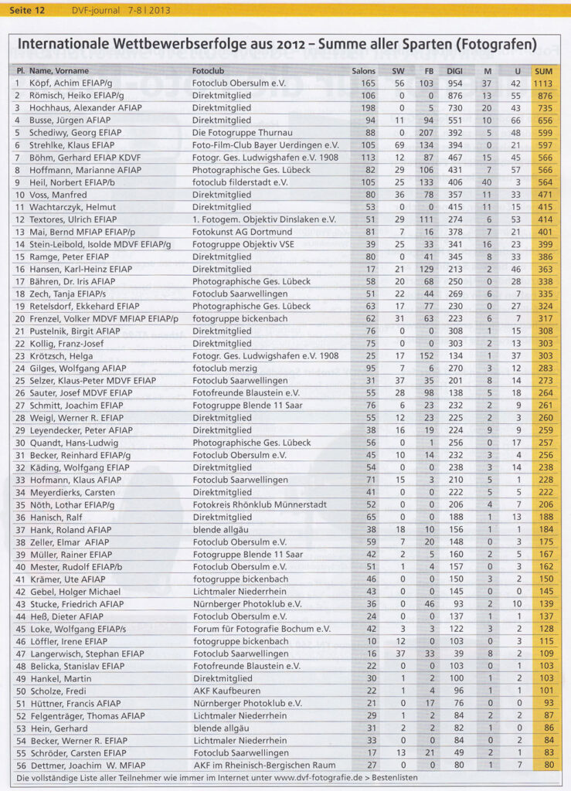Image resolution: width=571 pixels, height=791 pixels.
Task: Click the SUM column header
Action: point(543,70)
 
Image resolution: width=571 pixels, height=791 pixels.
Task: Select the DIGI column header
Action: point(455,70)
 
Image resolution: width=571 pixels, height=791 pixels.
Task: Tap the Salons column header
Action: point(364,70)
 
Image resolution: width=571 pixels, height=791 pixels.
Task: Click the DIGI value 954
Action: point(455,83)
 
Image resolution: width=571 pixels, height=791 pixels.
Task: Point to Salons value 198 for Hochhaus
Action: point(368,107)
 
